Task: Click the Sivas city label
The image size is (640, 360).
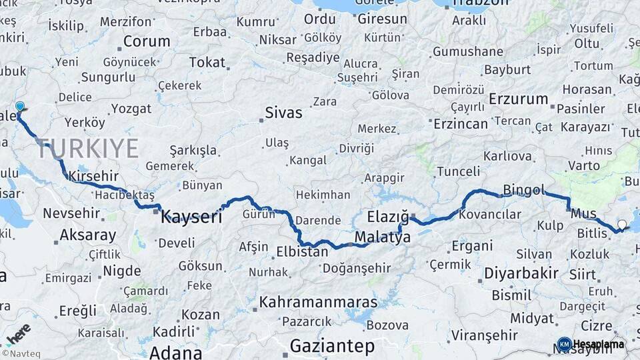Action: pos(283,112)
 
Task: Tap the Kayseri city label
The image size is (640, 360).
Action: pos(191,216)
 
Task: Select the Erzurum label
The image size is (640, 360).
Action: pos(518,99)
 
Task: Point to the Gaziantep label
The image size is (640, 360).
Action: pos(332,347)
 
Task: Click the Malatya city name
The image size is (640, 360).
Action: pos(383,237)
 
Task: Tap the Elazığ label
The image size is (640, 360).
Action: pos(387,217)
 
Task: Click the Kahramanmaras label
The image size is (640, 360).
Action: pos(318,302)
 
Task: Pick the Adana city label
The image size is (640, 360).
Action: pos(176,352)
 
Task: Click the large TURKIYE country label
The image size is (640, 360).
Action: pos(88,148)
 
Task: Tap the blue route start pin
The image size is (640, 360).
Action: pos(20,107)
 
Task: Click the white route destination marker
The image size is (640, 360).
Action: pos(622,225)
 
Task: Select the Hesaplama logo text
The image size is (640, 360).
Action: pos(598,344)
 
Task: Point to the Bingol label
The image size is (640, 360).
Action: pos(524,189)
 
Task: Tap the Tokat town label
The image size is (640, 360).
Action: pos(207,62)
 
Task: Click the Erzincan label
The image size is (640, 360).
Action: pos(461,123)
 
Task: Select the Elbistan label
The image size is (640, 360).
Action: pos(302,252)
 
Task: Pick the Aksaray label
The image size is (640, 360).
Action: pos(87,235)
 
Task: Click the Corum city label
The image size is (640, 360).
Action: pos(146,41)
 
